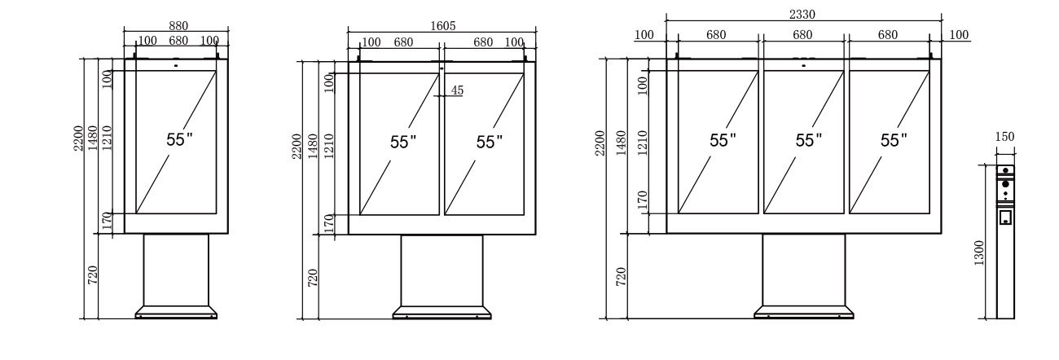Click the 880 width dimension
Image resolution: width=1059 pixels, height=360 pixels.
178,25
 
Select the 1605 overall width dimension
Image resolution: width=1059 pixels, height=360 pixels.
442,25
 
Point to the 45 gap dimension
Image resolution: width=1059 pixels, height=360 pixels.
457,90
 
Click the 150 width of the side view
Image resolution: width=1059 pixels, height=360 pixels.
1006,137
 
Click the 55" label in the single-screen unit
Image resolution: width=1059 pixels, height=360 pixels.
179,139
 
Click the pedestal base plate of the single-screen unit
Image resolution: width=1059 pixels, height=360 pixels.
176,312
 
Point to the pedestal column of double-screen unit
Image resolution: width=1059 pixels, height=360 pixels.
442,269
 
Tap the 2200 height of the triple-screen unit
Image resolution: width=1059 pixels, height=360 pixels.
600,144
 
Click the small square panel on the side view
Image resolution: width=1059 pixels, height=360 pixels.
1006,217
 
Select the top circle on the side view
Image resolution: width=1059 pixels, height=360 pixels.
1006,171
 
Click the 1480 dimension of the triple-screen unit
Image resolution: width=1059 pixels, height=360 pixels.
622,143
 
